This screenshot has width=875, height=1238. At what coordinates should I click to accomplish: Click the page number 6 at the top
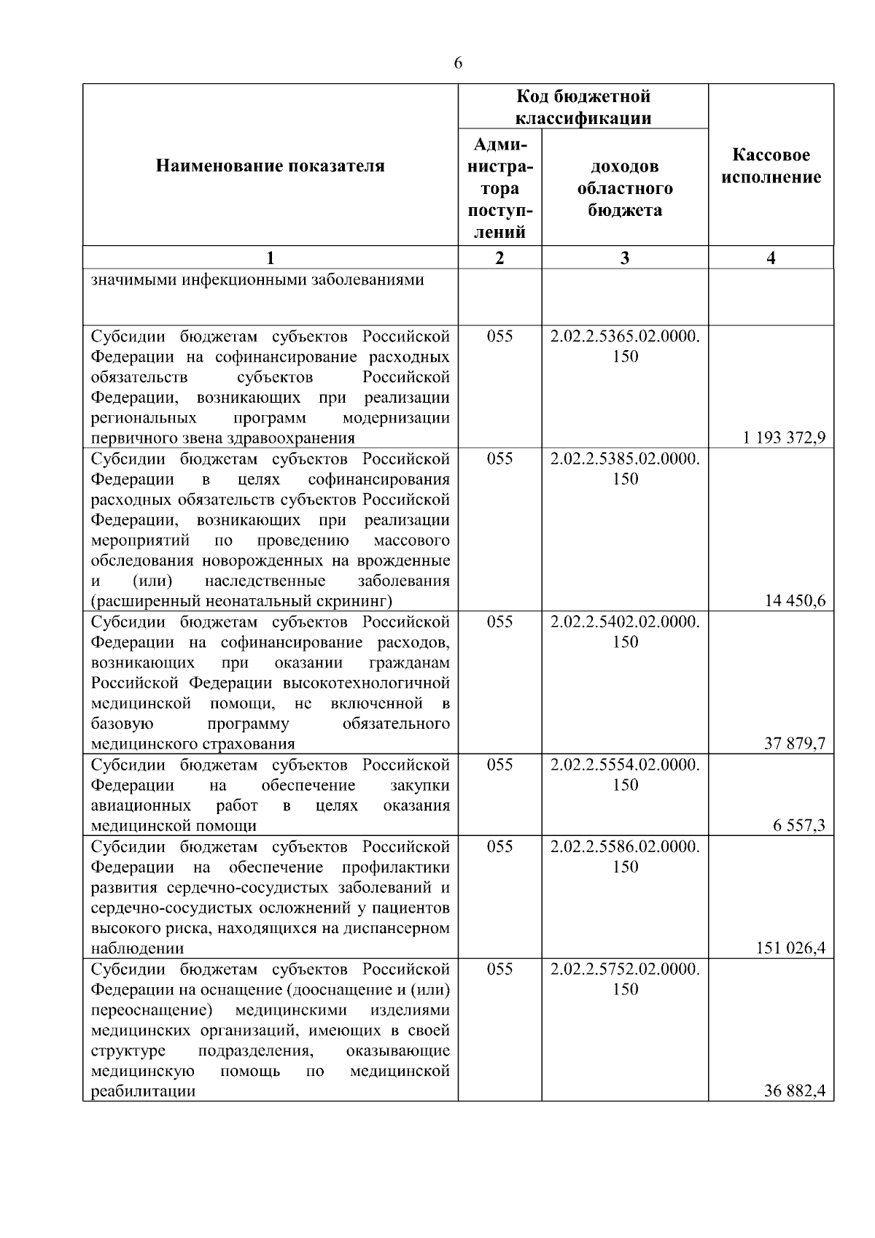click(x=458, y=63)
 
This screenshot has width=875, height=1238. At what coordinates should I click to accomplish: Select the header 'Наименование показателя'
click(x=271, y=166)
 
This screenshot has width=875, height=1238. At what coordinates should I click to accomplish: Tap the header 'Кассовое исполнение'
click(x=771, y=166)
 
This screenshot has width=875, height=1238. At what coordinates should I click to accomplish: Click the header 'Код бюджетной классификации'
click(x=583, y=107)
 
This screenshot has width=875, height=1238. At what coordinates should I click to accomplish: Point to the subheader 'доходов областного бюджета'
click(x=625, y=188)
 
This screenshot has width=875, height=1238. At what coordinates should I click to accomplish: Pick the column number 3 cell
click(x=625, y=258)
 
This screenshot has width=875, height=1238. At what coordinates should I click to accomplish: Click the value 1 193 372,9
click(x=785, y=438)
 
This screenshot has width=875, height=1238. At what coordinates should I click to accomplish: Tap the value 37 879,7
click(x=795, y=744)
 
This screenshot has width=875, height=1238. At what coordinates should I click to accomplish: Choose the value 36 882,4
click(x=795, y=1091)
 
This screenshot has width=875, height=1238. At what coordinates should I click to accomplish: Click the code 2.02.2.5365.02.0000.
click(x=625, y=336)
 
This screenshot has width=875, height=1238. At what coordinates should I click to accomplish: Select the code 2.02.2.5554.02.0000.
click(x=625, y=765)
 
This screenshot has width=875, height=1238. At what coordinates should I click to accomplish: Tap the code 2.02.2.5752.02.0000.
click(x=625, y=970)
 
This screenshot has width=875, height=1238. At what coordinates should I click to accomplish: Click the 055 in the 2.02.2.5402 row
click(x=499, y=622)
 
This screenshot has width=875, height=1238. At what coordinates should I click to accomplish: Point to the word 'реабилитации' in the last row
click(x=143, y=1091)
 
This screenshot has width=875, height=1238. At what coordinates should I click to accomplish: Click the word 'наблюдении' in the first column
click(x=137, y=948)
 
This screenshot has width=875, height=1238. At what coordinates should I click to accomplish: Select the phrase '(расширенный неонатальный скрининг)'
click(x=241, y=601)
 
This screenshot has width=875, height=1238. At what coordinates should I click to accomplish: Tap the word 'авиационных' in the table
click(x=141, y=805)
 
